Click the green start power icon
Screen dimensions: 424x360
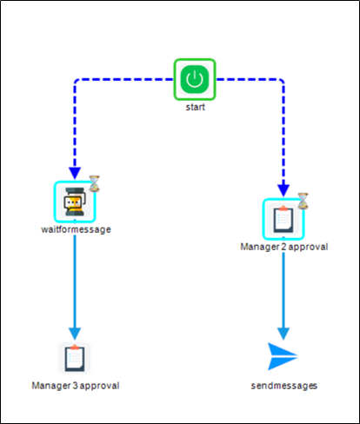point(195,80)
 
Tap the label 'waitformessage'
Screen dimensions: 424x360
point(76,231)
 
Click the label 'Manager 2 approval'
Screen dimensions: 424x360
point(283,247)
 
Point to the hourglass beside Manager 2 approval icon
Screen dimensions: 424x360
point(303,201)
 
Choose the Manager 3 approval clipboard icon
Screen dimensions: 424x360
point(75,357)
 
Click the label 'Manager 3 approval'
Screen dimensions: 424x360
point(75,385)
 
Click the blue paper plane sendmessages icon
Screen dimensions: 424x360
point(283,356)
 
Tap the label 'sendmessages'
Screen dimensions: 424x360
point(283,385)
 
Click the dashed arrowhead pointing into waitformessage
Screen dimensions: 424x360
point(75,173)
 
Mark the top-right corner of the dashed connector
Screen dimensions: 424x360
point(282,81)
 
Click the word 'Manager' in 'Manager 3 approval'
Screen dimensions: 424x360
point(50,385)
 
